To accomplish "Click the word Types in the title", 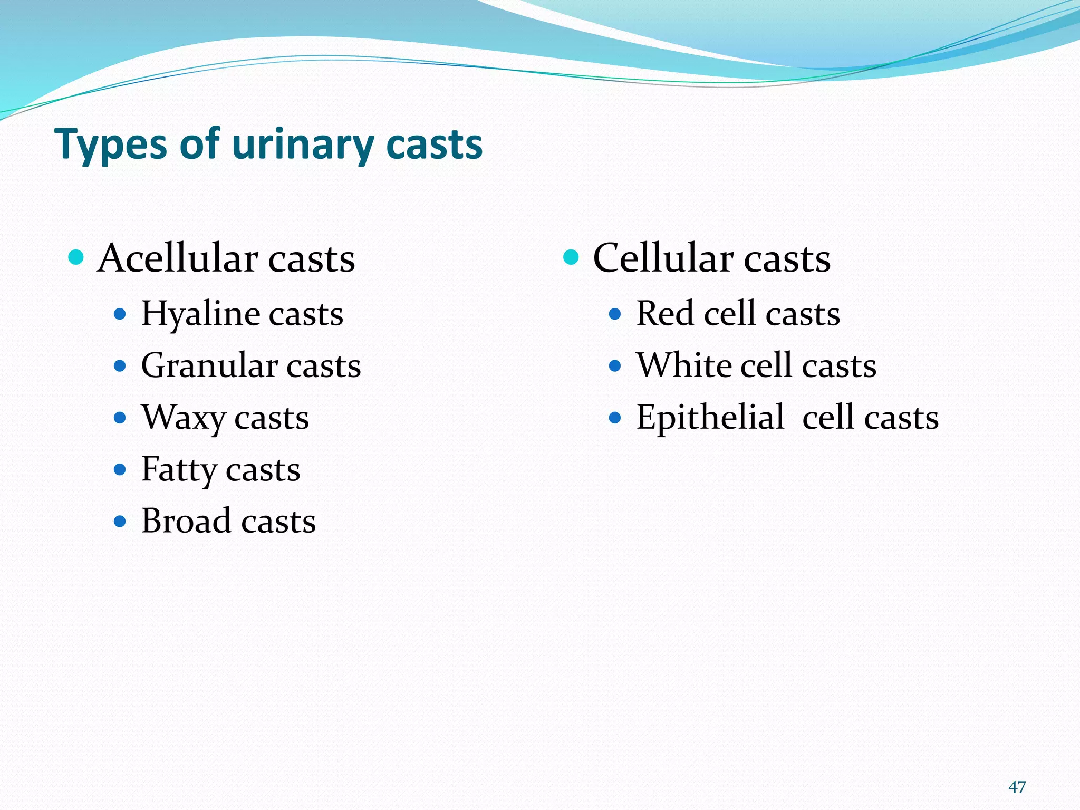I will pyautogui.click(x=111, y=145).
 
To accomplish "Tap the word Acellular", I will pyautogui.click(x=178, y=258).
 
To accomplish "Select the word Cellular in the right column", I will pyautogui.click(x=663, y=258).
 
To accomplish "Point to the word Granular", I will pyautogui.click(x=209, y=366).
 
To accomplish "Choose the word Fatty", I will pyautogui.click(x=179, y=469).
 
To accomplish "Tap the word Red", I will pyautogui.click(x=665, y=314).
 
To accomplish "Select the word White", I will pyautogui.click(x=683, y=365).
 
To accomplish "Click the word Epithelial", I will pyautogui.click(x=710, y=418).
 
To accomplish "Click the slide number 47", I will pyautogui.click(x=1017, y=787).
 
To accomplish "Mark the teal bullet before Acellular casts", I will pyautogui.click(x=76, y=258).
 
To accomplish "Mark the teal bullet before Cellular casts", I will pyautogui.click(x=571, y=258).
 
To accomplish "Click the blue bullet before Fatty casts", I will pyautogui.click(x=120, y=469).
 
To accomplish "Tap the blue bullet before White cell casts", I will pyautogui.click(x=615, y=366).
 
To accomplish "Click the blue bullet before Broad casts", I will pyautogui.click(x=120, y=522).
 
